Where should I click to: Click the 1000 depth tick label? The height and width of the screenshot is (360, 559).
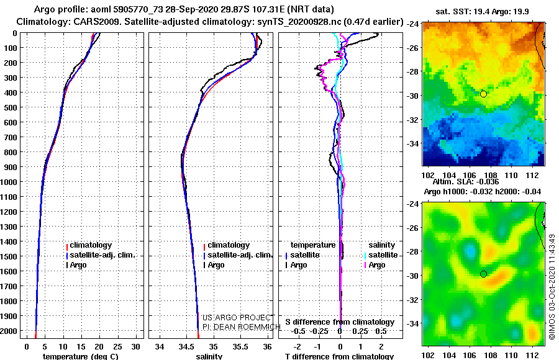click(x=9, y=182)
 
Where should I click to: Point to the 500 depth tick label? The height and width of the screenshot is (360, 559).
click(x=11, y=107)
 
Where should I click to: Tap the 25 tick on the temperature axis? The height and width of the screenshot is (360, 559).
click(x=117, y=347)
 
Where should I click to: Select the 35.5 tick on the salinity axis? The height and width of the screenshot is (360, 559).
click(x=240, y=347)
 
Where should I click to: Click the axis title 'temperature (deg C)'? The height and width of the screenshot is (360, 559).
click(x=80, y=356)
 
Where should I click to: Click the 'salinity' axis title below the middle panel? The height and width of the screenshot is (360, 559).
click(x=209, y=356)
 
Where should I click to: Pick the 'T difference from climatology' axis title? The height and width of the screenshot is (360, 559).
click(x=339, y=356)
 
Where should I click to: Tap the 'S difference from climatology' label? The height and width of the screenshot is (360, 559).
click(x=340, y=322)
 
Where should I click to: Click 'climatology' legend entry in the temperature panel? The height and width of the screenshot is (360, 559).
click(x=91, y=245)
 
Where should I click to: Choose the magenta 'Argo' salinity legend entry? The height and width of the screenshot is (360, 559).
click(x=376, y=265)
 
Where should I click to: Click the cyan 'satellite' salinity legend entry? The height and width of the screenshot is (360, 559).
click(x=382, y=255)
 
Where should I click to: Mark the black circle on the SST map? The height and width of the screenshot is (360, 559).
click(x=483, y=94)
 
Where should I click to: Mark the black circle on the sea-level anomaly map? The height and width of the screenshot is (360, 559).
click(x=483, y=274)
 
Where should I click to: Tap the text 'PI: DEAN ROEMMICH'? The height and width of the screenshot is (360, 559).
click(x=242, y=327)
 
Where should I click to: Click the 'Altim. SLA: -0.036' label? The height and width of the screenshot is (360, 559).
click(x=466, y=182)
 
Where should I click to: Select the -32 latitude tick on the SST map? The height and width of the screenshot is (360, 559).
click(x=412, y=120)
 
